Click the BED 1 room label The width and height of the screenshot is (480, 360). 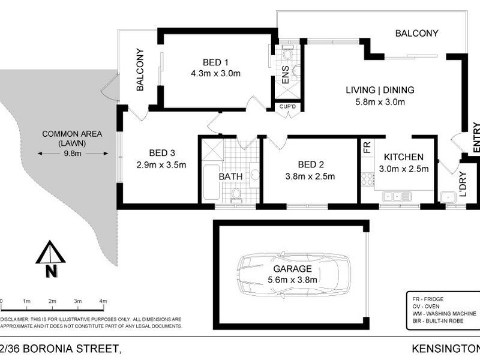215,62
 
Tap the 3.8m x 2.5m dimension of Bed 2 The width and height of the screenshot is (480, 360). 310,176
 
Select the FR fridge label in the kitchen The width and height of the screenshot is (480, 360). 367,147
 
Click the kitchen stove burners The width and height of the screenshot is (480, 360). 367,179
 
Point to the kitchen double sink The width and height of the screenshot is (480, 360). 397,196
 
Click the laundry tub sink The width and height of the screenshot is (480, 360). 448,197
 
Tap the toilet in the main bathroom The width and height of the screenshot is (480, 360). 236,196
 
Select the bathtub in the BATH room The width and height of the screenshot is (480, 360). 211,182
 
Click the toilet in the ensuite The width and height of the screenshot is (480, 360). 287,53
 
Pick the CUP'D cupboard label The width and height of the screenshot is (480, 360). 288,107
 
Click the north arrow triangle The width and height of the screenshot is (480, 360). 50,252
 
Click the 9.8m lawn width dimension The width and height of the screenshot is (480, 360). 73,154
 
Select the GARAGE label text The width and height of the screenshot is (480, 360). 292,269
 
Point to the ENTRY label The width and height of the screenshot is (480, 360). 476,137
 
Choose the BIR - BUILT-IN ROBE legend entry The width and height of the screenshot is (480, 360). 438,321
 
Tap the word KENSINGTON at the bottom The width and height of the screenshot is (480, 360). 446,349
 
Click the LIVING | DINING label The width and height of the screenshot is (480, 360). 380,90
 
